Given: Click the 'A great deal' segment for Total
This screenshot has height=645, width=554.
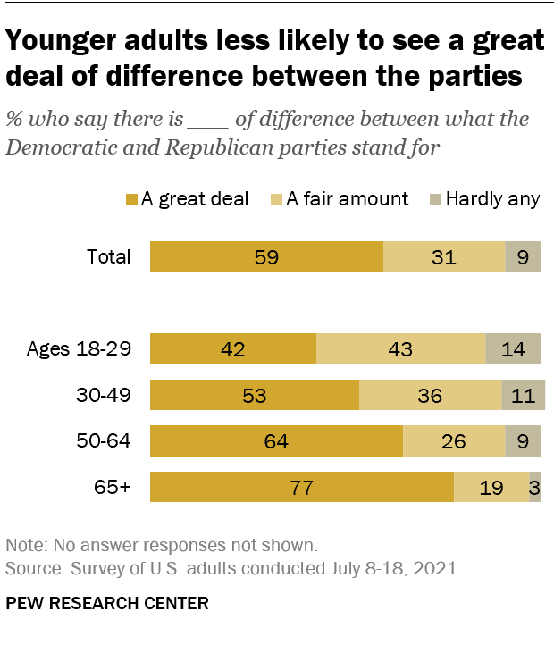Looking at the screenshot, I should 266,257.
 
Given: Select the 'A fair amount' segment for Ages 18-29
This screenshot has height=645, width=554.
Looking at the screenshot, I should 400,348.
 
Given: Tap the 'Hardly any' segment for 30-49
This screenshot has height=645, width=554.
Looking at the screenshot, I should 524,395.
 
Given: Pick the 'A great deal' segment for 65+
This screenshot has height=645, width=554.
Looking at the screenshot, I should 302,488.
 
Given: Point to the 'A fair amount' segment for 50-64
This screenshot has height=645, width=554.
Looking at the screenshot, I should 453,441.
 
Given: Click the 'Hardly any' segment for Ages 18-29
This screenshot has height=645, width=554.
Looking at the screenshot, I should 513,348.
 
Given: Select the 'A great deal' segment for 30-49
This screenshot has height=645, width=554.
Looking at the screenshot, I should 255,395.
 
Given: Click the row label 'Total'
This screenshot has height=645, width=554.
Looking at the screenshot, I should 108,257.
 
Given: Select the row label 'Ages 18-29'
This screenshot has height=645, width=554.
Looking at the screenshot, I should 79,348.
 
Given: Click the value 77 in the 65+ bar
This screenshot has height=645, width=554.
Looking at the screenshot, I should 303,488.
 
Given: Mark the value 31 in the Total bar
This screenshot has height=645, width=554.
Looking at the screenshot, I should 443,257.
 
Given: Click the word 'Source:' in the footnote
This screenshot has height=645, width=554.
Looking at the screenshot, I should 29,568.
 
